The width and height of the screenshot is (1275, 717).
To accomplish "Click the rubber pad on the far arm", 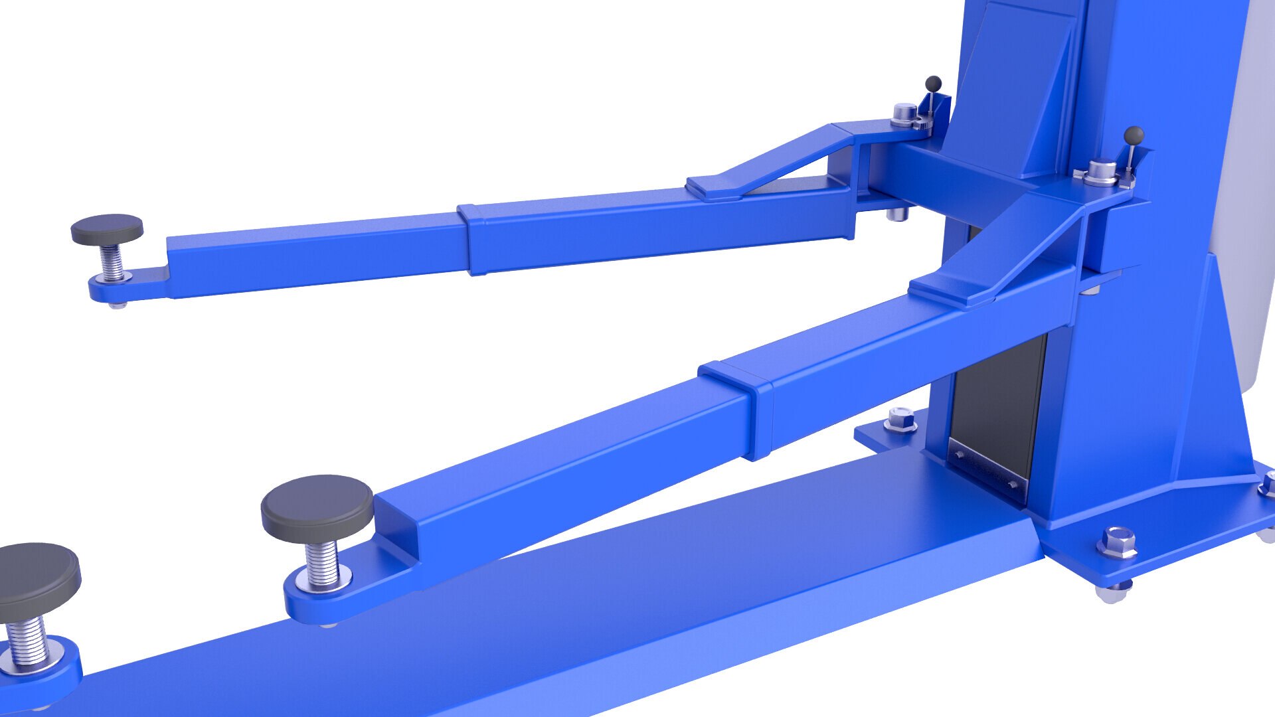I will pos(107,229).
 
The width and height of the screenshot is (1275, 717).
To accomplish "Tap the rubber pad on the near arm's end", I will pos(317,507).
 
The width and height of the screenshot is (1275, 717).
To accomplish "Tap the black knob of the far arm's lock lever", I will pos(934,83).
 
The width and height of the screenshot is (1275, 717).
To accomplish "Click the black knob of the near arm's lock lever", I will pos(1134,135).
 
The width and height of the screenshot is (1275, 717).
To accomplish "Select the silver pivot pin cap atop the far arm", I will pos(904,114).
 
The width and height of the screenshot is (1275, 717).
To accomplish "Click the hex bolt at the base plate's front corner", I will pos(1117,542).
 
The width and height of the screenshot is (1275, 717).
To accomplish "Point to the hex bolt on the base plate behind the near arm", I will pos(900,420).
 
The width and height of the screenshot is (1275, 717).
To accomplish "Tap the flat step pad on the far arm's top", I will pos(714,188).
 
